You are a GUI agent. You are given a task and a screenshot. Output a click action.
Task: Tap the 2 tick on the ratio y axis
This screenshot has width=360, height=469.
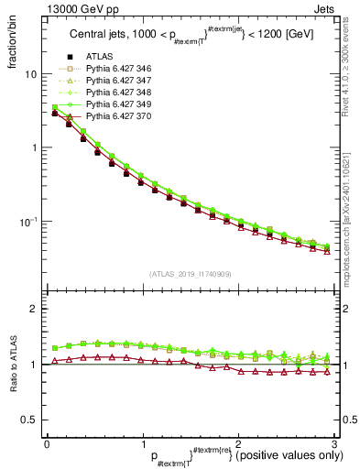pos(33,309)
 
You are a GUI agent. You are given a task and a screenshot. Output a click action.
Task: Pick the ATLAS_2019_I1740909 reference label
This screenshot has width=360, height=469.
pos(190,274)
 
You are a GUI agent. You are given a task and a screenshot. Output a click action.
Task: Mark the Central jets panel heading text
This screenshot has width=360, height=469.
pos(189,38)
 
